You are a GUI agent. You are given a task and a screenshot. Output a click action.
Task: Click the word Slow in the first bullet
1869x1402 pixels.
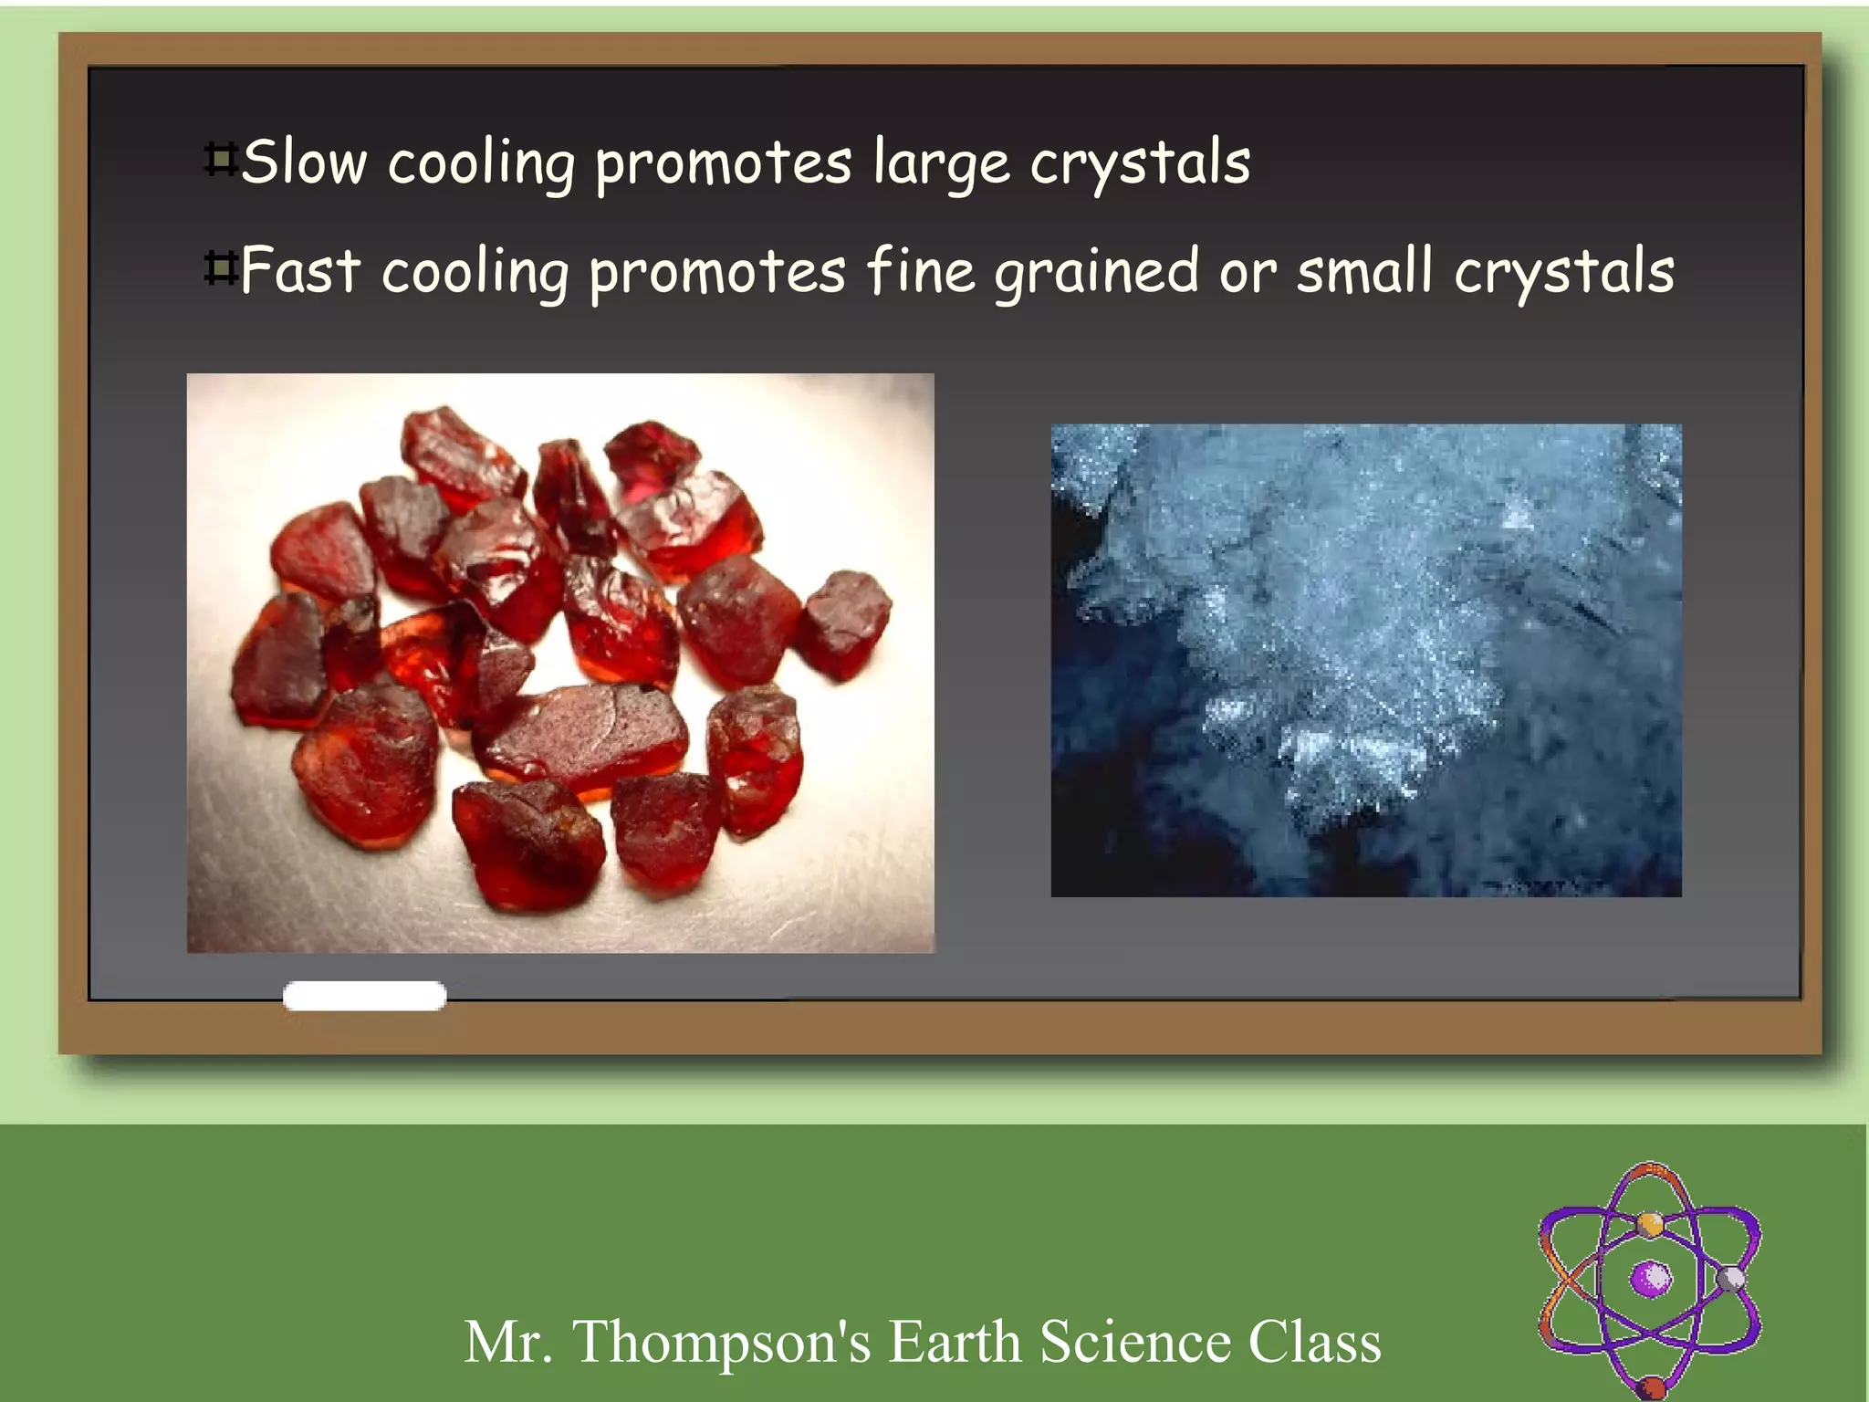pos(304,162)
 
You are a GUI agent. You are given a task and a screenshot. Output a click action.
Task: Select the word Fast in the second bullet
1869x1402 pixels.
pos(300,271)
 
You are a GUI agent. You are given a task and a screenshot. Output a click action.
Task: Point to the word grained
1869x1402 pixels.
pos(1096,273)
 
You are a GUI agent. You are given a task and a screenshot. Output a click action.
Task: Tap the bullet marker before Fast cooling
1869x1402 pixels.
pos(220,268)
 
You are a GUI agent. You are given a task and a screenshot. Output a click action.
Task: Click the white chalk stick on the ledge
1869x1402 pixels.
pos(364,995)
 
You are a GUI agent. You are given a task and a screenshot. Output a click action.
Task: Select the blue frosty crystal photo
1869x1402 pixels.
pos(1365,660)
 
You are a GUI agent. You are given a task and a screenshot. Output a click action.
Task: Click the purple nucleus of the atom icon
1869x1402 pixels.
pos(1650,1278)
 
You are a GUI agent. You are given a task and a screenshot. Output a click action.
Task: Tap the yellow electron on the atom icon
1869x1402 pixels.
pos(1649,1222)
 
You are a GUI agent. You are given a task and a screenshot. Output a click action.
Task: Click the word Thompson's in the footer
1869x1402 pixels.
pos(721,1342)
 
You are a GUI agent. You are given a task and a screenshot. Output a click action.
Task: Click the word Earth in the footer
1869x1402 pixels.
pos(954,1342)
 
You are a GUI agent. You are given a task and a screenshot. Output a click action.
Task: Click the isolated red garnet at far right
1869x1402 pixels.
pos(843,623)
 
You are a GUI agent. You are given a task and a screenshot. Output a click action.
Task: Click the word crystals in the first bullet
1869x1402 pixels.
pos(1140,164)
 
